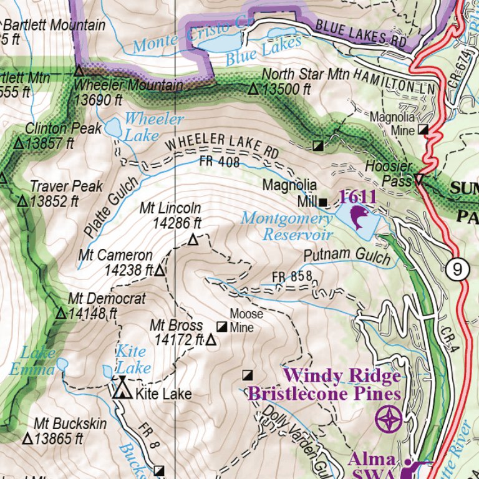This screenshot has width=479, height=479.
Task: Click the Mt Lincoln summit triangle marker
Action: point(193,239)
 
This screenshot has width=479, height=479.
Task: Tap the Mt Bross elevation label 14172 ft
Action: point(178,340)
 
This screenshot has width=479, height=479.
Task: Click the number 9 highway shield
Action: point(458,269)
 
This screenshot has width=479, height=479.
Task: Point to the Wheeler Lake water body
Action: point(114,128)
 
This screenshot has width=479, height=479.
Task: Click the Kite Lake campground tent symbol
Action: point(122,390)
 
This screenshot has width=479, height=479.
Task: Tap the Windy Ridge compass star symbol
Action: point(388,418)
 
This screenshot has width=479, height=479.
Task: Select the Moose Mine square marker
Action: point(222,326)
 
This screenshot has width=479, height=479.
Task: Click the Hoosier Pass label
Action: point(389,173)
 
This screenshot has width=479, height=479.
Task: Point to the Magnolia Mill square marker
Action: point(322,202)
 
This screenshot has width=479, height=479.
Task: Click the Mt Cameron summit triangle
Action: point(159,270)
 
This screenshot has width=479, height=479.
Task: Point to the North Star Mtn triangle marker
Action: point(253,89)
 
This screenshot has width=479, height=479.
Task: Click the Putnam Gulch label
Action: point(347,258)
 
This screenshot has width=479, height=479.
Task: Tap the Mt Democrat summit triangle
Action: point(60,313)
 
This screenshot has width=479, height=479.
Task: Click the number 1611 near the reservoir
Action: point(357,197)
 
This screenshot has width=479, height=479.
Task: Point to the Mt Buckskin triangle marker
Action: point(27,438)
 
